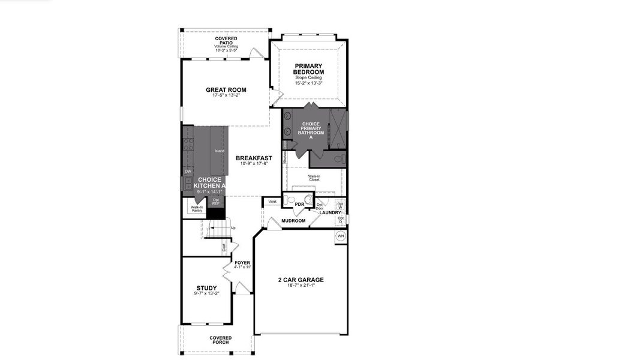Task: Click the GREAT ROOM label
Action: pyautogui.click(x=226, y=90)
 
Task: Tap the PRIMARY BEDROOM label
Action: pyautogui.click(x=308, y=69)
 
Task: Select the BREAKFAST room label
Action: pyautogui.click(x=250, y=158)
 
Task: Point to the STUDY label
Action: pyautogui.click(x=206, y=288)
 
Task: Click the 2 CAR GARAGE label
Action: pyautogui.click(x=301, y=280)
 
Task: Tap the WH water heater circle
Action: pyautogui.click(x=341, y=236)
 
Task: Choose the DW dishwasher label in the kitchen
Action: pyautogui.click(x=188, y=172)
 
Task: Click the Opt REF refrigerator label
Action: pyautogui.click(x=216, y=202)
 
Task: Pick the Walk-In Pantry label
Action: pyautogui.click(x=197, y=209)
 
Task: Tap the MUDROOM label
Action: pyautogui.click(x=293, y=220)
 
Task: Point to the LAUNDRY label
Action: pyautogui.click(x=330, y=212)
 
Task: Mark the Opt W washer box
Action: pyautogui.click(x=340, y=206)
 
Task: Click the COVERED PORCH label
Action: pyautogui.click(x=220, y=340)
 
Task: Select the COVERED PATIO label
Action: pyautogui.click(x=226, y=40)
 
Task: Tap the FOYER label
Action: pyautogui.click(x=242, y=263)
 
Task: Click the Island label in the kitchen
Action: pyautogui.click(x=219, y=151)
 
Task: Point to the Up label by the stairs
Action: pyautogui.click(x=233, y=228)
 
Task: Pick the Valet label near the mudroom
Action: pyautogui.click(x=272, y=202)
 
